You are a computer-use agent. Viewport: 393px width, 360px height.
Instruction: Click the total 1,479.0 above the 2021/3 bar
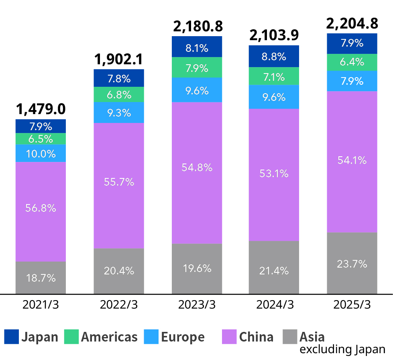(41, 109)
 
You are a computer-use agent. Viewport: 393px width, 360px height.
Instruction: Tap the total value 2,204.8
(352, 24)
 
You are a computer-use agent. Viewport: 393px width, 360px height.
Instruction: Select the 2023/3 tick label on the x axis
(197, 305)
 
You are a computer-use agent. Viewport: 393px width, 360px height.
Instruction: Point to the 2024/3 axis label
(275, 305)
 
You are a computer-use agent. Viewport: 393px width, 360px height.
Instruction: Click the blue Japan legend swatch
(11, 337)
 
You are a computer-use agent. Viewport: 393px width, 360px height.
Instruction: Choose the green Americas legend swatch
(71, 337)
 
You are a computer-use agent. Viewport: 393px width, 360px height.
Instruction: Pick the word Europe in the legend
(183, 337)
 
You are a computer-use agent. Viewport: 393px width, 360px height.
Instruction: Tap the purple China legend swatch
(229, 337)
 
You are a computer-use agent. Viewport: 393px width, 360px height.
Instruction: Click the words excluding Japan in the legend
(342, 349)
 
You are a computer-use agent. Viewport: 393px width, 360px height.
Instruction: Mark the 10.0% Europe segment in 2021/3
(41, 153)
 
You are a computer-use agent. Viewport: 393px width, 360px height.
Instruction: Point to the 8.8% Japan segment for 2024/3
(274, 56)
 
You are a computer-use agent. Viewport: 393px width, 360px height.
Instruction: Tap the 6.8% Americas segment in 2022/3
(119, 94)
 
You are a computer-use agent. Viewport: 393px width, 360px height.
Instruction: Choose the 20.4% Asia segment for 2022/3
(119, 271)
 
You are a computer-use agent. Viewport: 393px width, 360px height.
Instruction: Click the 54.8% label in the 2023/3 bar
(197, 168)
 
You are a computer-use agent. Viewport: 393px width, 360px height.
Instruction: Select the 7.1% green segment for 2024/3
(274, 76)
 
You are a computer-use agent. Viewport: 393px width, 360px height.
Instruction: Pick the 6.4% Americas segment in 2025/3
(352, 62)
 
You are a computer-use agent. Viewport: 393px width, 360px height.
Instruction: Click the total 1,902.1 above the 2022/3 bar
(119, 59)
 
